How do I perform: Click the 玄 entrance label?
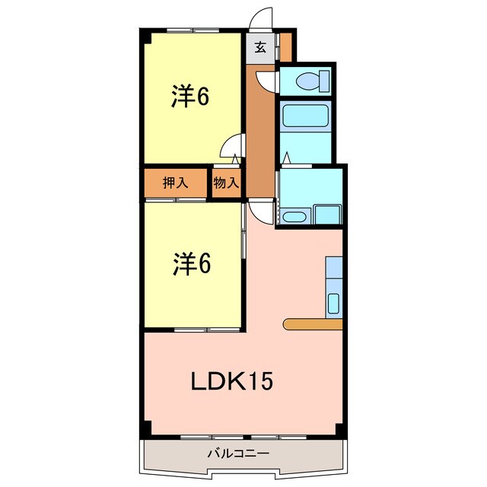click(x=260, y=47)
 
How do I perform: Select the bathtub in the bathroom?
click(x=305, y=116)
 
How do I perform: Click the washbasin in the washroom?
click(x=293, y=217)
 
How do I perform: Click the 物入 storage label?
click(x=226, y=183)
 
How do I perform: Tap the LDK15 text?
click(x=231, y=380)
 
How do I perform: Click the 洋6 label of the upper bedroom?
click(x=189, y=97)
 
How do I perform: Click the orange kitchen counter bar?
click(x=313, y=324)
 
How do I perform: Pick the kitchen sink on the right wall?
click(x=334, y=303)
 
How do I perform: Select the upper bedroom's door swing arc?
click(x=231, y=152)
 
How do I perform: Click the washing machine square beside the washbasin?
click(x=327, y=214)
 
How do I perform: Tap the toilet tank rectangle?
click(x=325, y=79)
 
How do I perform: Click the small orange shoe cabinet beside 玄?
click(x=285, y=47)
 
